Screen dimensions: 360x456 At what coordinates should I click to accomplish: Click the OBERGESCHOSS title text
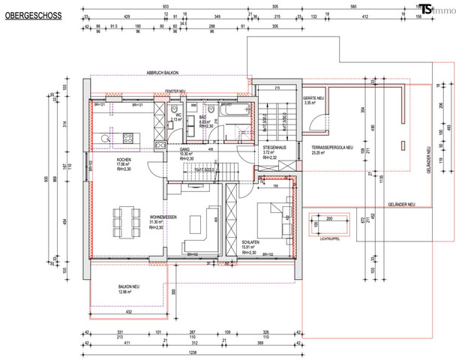coord(25,13)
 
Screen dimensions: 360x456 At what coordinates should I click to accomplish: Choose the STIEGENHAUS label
coord(271,148)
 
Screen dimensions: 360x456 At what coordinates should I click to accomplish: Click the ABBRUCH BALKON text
coord(166,73)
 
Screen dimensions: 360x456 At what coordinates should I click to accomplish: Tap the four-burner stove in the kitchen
coord(127,138)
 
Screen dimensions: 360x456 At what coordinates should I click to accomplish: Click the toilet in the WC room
coord(175,108)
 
